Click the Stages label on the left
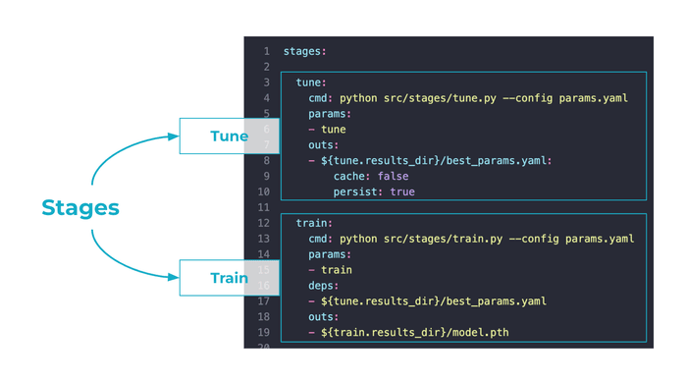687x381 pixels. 80,207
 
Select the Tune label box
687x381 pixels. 229,136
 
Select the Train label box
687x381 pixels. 229,278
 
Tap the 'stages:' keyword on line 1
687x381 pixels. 306,51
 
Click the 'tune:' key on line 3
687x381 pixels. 311,82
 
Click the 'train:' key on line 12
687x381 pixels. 315,223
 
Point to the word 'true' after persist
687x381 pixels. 402,191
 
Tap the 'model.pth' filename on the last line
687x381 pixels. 478,332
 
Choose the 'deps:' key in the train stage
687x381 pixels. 324,285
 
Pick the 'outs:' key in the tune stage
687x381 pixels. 324,144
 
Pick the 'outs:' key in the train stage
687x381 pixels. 324,316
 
